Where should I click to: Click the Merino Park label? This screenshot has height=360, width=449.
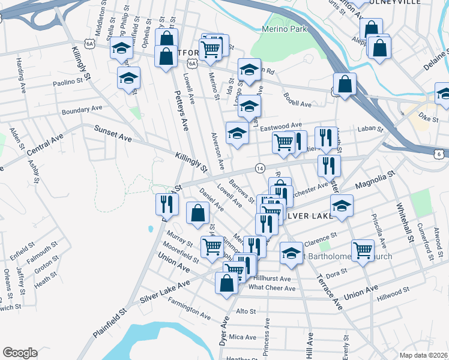(x=285, y=29)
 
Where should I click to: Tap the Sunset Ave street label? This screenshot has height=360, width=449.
(x=112, y=134)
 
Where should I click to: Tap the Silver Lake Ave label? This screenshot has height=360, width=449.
(x=164, y=290)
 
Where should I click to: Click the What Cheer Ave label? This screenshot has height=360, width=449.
(x=272, y=288)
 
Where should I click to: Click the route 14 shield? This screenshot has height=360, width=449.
(x=259, y=169)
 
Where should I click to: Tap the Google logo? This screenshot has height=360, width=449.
(x=20, y=353)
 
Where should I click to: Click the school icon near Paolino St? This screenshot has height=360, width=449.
(x=128, y=78)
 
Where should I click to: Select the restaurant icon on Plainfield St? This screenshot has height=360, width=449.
(x=166, y=204)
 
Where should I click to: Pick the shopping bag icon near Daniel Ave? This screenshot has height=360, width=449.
(x=197, y=214)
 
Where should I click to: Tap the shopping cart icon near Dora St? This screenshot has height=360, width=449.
(x=363, y=250)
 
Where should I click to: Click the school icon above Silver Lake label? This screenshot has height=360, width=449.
(x=342, y=206)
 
